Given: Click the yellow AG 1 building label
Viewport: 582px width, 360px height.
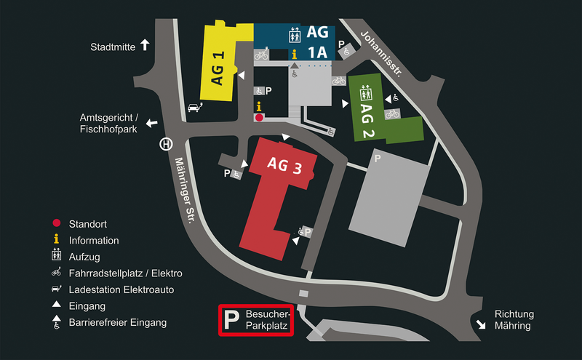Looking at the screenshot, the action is pos(218,68).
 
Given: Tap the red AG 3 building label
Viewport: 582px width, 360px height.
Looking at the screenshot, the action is pos(284,165).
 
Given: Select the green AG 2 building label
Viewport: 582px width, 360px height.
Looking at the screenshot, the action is pos(367,121).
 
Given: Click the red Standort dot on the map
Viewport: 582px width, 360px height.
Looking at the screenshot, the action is pos(259,118).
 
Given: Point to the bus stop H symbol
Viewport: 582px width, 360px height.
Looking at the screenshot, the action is pos(166,144).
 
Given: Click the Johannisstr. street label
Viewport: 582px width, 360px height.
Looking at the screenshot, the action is pos(381,54).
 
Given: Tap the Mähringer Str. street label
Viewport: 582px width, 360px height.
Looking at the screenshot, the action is pos(185,190).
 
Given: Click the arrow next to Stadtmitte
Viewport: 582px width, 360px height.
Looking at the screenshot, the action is pos(145,45).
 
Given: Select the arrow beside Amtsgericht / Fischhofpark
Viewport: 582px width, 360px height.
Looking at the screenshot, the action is pos(151,123).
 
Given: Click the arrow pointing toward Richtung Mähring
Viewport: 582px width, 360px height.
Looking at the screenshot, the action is pos(481,324).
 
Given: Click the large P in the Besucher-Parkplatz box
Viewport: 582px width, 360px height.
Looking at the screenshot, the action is pos(231,320).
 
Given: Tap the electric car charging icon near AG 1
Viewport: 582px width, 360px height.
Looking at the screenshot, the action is pos(195,107).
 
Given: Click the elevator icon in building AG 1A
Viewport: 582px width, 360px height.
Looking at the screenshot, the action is pos(295,35).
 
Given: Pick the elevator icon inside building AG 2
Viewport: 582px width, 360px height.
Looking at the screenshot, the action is pos(366,93).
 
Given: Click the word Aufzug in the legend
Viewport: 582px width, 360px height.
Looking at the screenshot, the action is pos(84,257).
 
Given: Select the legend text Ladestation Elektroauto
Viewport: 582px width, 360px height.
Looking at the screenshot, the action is pos(121,289).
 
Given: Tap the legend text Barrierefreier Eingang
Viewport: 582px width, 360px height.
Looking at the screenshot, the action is pos(118,322).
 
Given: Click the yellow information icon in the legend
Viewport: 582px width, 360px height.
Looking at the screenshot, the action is pos(57,239).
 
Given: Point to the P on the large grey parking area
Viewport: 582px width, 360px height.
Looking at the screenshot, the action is pos(378,159).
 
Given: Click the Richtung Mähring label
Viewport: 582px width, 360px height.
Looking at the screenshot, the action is pos(514,320).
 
